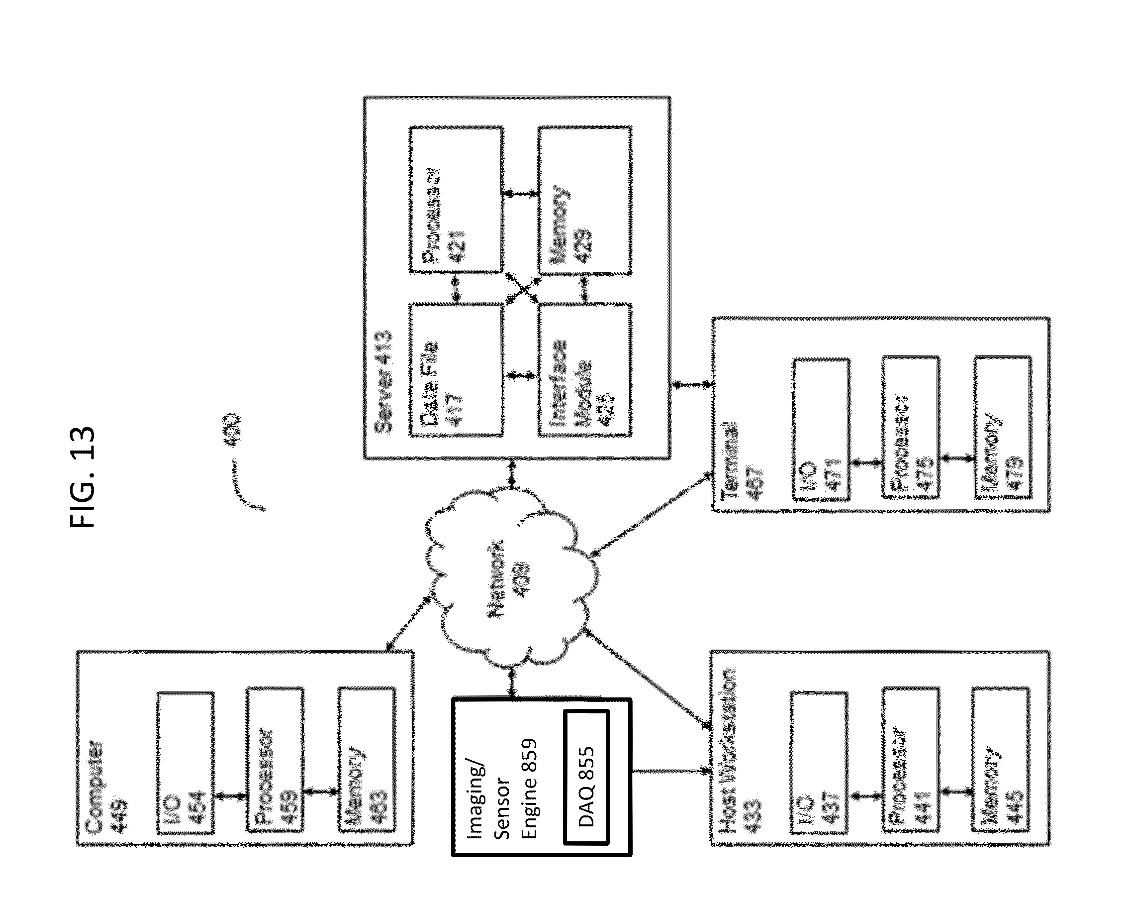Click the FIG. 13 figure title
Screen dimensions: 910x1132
tap(83, 476)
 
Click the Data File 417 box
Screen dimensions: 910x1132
tap(456, 370)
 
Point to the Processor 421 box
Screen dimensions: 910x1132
tap(456, 200)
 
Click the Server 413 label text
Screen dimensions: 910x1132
tap(383, 381)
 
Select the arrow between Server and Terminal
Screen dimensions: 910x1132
tap(691, 385)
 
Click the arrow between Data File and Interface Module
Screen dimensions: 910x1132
tap(520, 375)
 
